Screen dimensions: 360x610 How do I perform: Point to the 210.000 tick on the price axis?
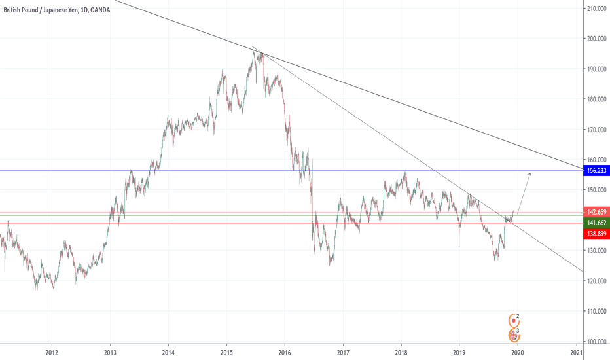594,9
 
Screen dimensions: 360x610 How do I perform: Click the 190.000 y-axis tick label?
594,69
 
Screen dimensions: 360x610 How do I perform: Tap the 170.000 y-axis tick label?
594,130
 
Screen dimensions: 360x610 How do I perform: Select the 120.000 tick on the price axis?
594,281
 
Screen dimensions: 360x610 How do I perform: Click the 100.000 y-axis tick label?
594,341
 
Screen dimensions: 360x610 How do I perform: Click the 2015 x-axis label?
226,352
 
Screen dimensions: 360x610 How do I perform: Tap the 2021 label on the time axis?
576,352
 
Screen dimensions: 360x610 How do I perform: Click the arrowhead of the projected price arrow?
529,173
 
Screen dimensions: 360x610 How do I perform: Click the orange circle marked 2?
514,319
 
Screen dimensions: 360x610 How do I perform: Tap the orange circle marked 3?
514,334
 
